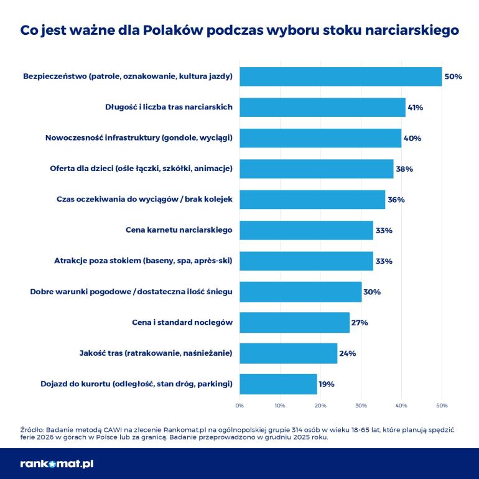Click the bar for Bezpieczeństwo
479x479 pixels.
tap(340, 77)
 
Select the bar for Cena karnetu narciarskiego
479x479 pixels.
tap(306, 230)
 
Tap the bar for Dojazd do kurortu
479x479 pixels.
tap(278, 384)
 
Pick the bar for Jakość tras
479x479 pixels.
tap(288, 353)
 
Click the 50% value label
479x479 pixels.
tap(453, 77)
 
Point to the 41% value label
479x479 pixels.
tap(415, 108)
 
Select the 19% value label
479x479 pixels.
tap(327, 384)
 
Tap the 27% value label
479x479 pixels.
tap(360, 323)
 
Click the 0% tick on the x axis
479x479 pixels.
tap(240, 406)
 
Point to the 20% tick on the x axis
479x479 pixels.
tap(320, 406)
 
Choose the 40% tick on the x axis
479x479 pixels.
tap(401, 406)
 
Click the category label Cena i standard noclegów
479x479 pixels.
tap(182, 323)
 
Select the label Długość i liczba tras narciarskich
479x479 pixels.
tap(169, 108)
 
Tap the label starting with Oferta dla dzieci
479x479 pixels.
tap(141, 169)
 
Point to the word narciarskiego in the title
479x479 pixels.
tap(409, 30)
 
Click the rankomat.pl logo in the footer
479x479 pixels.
tap(57, 463)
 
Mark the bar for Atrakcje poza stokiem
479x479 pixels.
tap(306, 261)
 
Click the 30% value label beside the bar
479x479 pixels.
tap(372, 292)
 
